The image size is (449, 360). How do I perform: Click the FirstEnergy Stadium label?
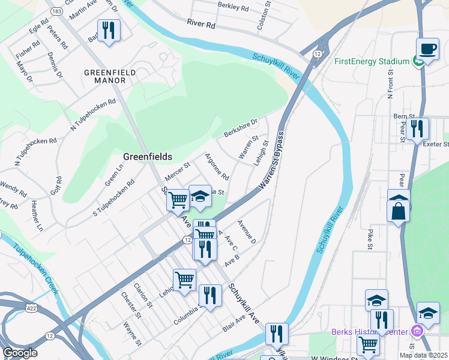[x=372, y=61]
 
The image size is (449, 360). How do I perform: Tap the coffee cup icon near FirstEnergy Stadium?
[x=427, y=49]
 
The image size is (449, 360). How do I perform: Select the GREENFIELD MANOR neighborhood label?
[x=110, y=77]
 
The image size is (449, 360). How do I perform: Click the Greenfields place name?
[x=148, y=157]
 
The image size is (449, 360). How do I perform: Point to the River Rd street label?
[x=200, y=25]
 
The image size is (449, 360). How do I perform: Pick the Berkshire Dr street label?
[x=240, y=127]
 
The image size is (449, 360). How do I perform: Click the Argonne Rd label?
[x=217, y=167]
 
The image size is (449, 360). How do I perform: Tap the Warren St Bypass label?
[x=272, y=162]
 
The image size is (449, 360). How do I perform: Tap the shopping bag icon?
[x=399, y=209]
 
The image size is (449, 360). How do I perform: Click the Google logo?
[x=20, y=353]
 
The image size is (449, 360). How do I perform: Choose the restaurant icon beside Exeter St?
[x=417, y=128]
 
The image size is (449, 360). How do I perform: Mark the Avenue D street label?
[x=247, y=232]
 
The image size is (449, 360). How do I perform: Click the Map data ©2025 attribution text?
[x=424, y=355]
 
